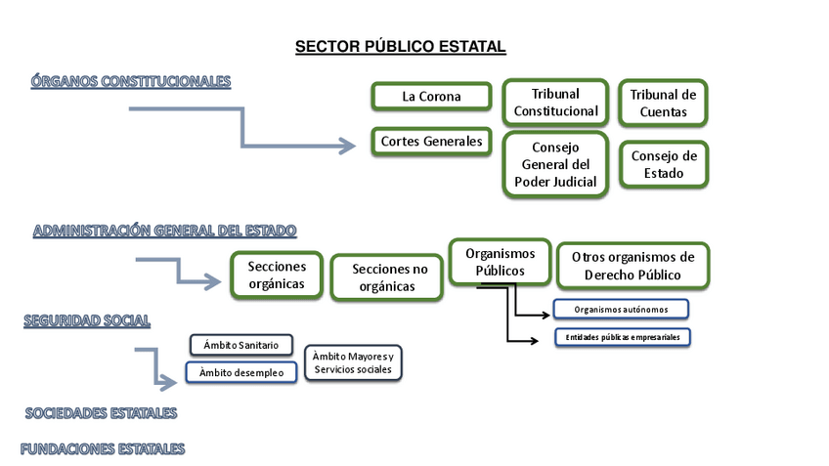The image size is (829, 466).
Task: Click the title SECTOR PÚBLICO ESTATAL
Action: coord(401,47)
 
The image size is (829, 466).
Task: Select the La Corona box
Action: coord(431,97)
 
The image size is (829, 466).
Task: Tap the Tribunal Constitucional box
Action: coord(555,103)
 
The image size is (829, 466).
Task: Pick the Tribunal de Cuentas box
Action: coord(663,104)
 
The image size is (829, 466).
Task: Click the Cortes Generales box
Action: coord(431,142)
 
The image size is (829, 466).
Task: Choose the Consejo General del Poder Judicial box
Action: coord(555,165)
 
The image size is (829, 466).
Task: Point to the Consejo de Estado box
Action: coord(664,164)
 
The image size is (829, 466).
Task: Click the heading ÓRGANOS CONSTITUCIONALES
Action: coord(131,81)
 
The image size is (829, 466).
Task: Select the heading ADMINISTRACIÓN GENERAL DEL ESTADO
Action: coord(165,231)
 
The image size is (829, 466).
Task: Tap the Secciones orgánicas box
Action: coord(277,275)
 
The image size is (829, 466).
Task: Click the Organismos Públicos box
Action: coord(500,262)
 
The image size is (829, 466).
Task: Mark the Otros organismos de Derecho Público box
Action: coord(633,266)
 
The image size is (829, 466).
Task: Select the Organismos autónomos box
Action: coord(622,310)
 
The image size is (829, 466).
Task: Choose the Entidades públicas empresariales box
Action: coord(622,337)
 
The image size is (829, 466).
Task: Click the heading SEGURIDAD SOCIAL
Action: coord(87,320)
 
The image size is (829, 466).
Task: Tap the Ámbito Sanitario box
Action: coord(240,345)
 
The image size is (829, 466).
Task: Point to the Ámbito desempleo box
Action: coord(240,372)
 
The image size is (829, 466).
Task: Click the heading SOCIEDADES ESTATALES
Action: coord(102,413)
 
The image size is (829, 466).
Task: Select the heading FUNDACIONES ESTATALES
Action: coord(103,449)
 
